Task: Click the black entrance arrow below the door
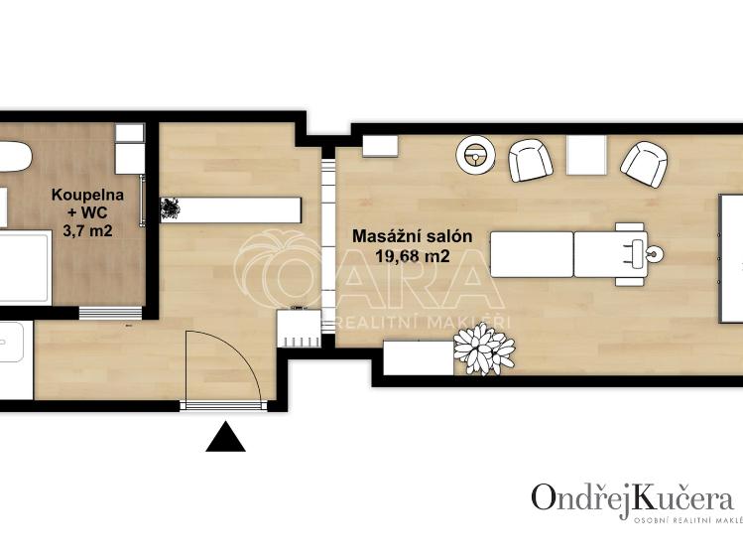click(x=225, y=438)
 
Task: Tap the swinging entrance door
click(x=224, y=367)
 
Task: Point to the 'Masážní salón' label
click(x=412, y=237)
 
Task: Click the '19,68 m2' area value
click(x=412, y=255)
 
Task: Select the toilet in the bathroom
click(x=12, y=159)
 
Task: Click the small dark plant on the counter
click(x=170, y=209)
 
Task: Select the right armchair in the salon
click(x=645, y=161)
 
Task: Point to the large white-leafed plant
click(x=484, y=349)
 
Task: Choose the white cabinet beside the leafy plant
click(x=418, y=357)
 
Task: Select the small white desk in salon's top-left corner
click(x=379, y=145)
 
